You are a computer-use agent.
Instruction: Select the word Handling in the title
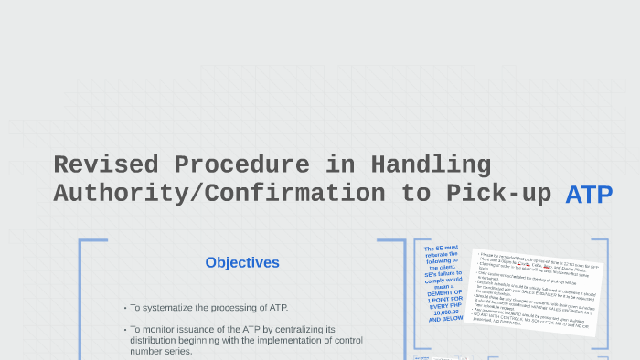431,165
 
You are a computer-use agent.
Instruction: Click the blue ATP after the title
588,195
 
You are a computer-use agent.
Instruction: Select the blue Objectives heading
242,263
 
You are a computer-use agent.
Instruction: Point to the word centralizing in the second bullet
307,329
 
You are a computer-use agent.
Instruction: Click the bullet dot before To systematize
124,309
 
